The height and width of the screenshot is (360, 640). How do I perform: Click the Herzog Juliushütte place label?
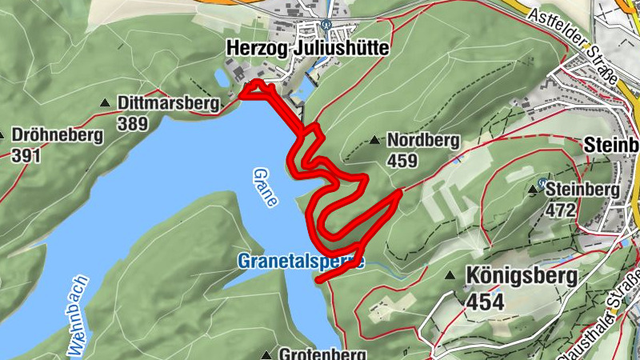tap(308, 49)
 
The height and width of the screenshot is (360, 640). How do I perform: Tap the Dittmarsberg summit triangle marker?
tap(105, 103)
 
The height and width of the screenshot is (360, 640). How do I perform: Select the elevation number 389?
tap(132, 123)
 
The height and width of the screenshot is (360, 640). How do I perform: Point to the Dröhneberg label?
tap(58, 135)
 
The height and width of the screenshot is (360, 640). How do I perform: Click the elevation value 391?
tap(26, 154)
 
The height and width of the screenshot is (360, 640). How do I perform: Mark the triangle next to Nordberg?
tap(374, 141)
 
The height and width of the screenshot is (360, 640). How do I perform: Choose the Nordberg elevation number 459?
tap(402, 161)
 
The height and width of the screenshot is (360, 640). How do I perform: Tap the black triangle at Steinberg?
tap(534, 190)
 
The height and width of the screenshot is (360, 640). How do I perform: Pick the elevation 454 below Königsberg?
tap(486, 302)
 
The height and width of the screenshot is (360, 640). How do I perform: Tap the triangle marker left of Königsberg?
tap(450, 276)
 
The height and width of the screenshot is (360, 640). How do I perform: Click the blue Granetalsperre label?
tap(300, 261)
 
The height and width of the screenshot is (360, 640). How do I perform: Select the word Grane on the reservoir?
tap(265, 187)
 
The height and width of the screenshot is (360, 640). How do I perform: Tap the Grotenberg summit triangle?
tap(266, 354)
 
